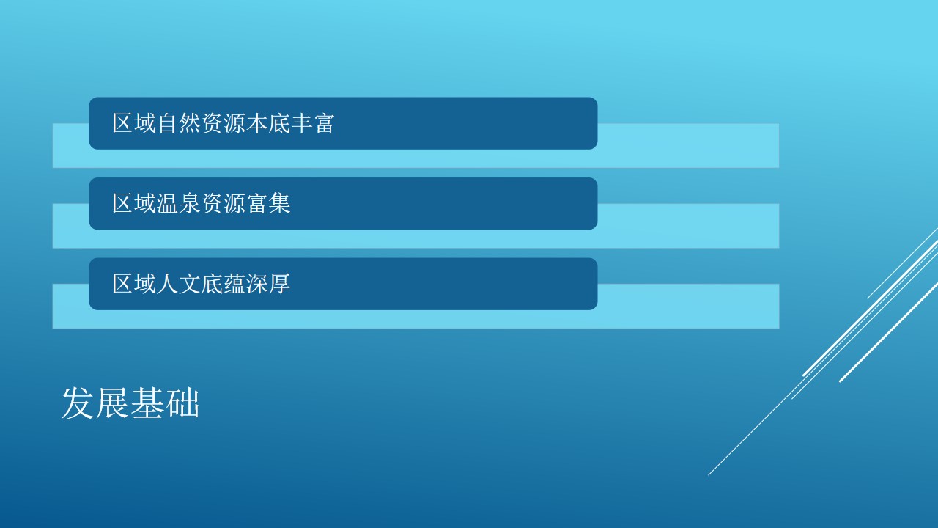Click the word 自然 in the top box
point(179,123)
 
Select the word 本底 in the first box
point(268,123)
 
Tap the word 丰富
point(312,123)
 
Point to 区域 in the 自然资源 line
point(134,123)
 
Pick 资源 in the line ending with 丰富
point(224,123)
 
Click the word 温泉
point(179,203)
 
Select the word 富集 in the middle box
point(268,203)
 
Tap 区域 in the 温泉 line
point(134,203)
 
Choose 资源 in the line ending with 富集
point(224,203)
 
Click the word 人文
point(179,284)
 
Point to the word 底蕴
point(224,284)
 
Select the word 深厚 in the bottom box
point(268,284)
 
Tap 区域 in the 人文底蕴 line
point(134,284)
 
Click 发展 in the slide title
point(95,403)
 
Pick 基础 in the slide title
point(165,403)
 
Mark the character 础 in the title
point(182,403)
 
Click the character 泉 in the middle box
point(190,203)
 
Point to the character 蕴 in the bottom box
point(234,284)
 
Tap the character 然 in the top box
point(190,123)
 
